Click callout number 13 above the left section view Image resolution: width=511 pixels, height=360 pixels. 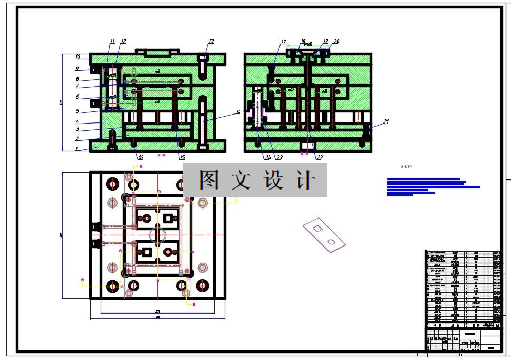pyautogui.click(x=211, y=41)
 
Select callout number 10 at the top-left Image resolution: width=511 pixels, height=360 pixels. pyautogui.click(x=77, y=57)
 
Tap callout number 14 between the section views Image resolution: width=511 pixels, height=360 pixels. pyautogui.click(x=238, y=112)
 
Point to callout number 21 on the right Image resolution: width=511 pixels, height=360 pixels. pyautogui.click(x=385, y=122)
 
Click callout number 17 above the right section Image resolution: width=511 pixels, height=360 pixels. pyautogui.click(x=283, y=42)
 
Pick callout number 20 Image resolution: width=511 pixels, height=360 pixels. pyautogui.click(x=336, y=41)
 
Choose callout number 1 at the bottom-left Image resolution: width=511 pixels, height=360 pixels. pyautogui.click(x=75, y=149)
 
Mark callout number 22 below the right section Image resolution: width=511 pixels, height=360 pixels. pyautogui.click(x=320, y=157)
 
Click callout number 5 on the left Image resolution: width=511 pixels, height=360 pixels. pyautogui.click(x=77, y=111)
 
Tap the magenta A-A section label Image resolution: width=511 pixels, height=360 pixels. pyautogui.click(x=162, y=155)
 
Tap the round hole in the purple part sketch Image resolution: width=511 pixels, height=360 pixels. pyautogui.click(x=331, y=241)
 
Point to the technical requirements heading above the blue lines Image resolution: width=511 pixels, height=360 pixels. pyautogui.click(x=408, y=167)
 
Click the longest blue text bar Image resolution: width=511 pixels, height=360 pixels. pyautogui.click(x=433, y=187)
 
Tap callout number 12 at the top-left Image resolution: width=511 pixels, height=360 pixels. pyautogui.click(x=123, y=41)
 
